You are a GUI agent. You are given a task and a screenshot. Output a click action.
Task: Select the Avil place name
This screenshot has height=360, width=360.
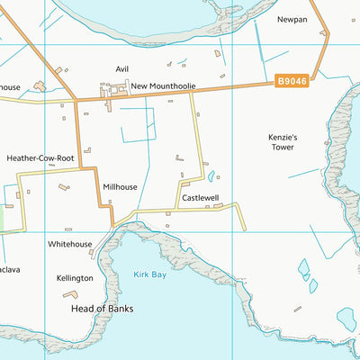122,68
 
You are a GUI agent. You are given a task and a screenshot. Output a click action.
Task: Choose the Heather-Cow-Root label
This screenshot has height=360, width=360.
40,157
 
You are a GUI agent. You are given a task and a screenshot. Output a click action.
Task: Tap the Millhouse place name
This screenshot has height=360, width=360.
120,187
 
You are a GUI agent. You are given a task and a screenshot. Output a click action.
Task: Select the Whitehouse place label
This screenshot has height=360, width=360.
70,244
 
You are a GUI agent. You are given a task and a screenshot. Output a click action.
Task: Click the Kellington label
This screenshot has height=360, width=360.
74,278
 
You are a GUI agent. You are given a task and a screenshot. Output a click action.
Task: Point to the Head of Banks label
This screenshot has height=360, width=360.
102,308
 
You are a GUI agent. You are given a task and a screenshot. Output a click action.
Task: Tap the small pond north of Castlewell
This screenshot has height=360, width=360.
211,176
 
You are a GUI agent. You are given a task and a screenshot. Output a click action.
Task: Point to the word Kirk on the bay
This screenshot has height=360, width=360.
141,274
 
